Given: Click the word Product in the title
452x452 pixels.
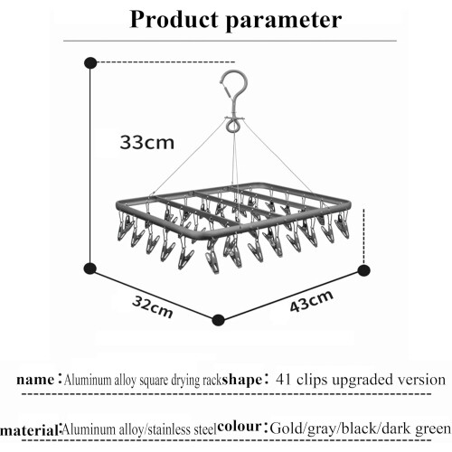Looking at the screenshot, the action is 174,20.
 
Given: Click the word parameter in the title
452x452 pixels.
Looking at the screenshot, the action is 284,22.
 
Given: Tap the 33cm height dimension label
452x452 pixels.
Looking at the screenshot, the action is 147,143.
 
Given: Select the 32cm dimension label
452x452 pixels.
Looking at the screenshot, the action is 153,307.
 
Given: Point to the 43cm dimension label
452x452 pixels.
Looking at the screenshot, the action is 311,301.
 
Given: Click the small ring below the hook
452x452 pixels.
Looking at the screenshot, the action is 233,125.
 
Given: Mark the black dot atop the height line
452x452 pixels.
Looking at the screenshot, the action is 90,63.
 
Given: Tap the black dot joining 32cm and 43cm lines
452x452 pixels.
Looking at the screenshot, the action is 218,320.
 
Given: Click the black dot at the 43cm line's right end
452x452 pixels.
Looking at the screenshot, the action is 363,270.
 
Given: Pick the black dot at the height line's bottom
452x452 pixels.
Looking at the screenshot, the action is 90,268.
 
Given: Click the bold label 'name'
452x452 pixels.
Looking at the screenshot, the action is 35,380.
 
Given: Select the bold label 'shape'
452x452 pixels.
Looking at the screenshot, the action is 242,380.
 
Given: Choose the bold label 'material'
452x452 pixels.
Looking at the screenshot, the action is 30,430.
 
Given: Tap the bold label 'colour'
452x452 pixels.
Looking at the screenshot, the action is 240,427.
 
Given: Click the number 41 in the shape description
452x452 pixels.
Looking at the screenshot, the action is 284,380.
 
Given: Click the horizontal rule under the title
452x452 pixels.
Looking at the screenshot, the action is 230,41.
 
